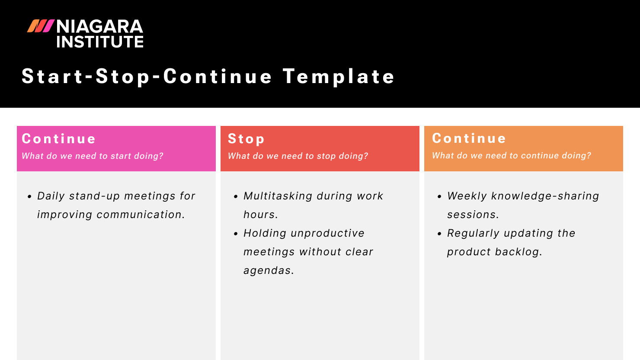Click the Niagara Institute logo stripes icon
tap(41, 26)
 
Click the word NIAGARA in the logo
tap(99, 27)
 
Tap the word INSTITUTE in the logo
tap(100, 42)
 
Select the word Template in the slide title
tap(339, 77)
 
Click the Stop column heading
tap(246, 139)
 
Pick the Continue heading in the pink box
tap(59, 139)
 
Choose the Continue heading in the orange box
tap(469, 138)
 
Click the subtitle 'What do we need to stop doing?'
tap(298, 156)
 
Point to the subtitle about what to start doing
tap(93, 156)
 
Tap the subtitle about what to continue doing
tap(512, 155)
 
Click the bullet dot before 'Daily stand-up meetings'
tap(29, 196)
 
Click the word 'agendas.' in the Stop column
tap(269, 270)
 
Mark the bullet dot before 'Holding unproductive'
tap(236, 234)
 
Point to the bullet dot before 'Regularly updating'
tap(439, 234)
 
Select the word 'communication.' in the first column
tap(141, 215)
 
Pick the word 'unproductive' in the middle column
tap(328, 233)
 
